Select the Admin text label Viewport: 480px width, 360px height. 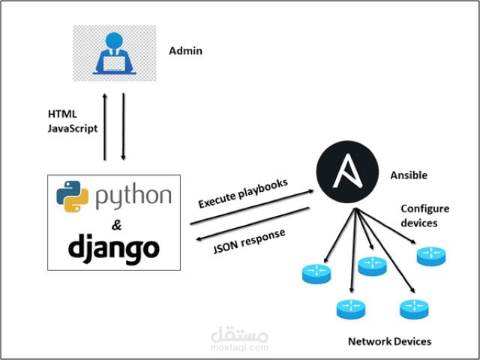coord(185,51)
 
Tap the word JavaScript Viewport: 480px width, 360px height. coord(72,127)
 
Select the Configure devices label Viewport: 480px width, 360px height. coord(424,215)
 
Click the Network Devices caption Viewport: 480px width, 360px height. coord(389,341)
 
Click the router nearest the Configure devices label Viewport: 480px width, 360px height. coord(431,255)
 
